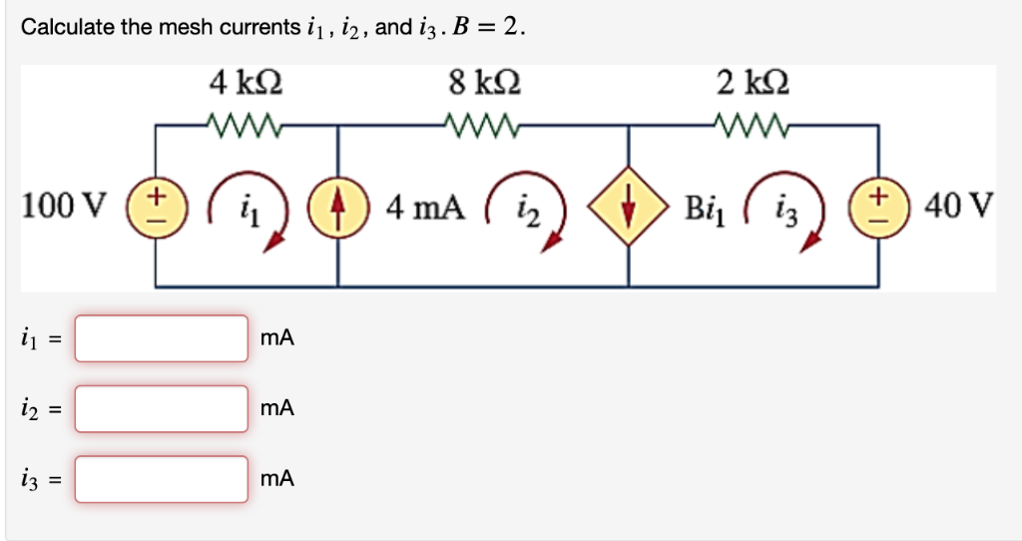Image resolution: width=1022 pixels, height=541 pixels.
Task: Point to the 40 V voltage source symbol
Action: pyautogui.click(x=878, y=208)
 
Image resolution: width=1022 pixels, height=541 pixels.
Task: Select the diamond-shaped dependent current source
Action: pyautogui.click(x=627, y=208)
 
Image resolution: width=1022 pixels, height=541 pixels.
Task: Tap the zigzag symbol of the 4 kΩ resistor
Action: pyautogui.click(x=245, y=125)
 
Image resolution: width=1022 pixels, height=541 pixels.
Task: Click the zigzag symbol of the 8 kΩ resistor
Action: pyautogui.click(x=483, y=125)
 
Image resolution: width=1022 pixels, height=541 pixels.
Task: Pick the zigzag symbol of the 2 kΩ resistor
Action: pyautogui.click(x=751, y=125)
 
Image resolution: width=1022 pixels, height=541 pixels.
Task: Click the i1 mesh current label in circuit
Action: pyautogui.click(x=248, y=210)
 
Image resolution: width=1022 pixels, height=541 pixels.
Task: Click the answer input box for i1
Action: pyautogui.click(x=162, y=339)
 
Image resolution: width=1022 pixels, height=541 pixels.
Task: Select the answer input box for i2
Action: pyautogui.click(x=162, y=409)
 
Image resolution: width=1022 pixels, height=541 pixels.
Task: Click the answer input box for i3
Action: pyautogui.click(x=162, y=479)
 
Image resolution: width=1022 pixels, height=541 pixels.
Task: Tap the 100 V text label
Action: pyautogui.click(x=64, y=208)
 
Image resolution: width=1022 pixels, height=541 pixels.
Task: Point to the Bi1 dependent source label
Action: pyautogui.click(x=705, y=210)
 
